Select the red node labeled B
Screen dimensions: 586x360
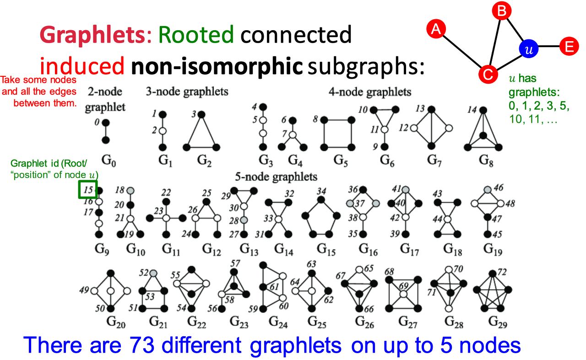[x=501, y=11]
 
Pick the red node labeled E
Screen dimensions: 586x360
[x=569, y=46]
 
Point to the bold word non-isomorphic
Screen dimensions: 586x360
[x=217, y=67]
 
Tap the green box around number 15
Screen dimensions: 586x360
[x=87, y=190]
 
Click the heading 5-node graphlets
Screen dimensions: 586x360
[x=276, y=177]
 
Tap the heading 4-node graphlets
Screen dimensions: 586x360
[x=370, y=92]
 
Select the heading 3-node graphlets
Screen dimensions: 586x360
[x=187, y=91]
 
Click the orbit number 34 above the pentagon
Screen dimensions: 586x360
[x=321, y=191]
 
